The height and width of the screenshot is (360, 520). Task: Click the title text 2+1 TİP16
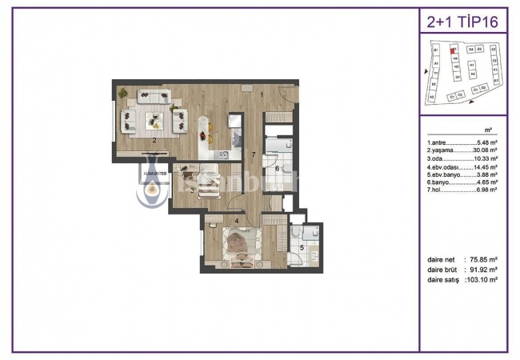coord(462,21)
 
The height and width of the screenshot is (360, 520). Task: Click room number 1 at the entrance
coord(262,94)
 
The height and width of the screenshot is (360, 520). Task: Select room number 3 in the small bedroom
coord(193,190)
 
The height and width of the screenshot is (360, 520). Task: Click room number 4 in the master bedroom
coord(236,220)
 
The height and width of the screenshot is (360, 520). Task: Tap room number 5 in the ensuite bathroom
coord(302,248)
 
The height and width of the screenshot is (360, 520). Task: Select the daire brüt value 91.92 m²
coord(483,270)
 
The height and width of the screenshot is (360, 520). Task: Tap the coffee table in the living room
coord(154,120)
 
